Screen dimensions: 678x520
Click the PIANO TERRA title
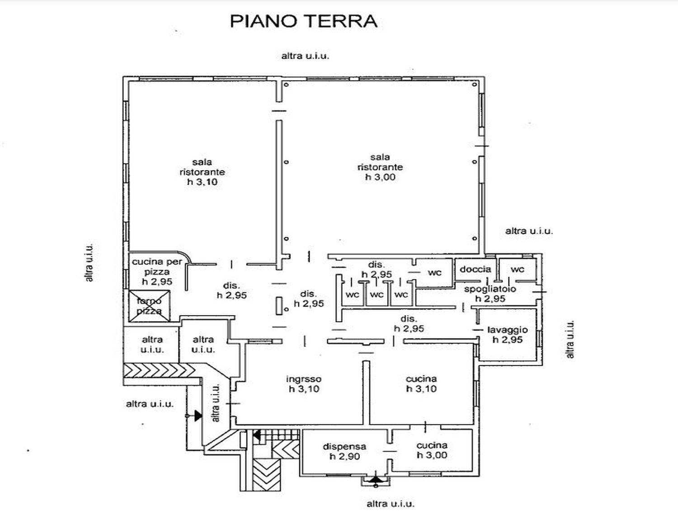tap(304, 21)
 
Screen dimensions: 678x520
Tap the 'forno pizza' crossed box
tap(150, 306)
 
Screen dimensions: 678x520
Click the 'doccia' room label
tap(475, 269)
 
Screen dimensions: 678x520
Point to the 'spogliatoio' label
tap(490, 289)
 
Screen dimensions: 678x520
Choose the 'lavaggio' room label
tap(508, 330)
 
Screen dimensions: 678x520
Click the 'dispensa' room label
tap(344, 447)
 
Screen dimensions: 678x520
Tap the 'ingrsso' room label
tap(304, 379)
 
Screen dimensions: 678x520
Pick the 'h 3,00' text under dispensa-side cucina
tap(432, 455)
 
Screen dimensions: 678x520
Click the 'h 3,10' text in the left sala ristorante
tap(202, 182)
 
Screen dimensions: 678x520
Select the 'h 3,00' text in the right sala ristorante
tap(380, 177)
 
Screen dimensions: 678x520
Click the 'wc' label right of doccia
tap(518, 269)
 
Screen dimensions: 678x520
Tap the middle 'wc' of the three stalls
tap(377, 294)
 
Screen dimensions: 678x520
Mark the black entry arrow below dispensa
tap(376, 479)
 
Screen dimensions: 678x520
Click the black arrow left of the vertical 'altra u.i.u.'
tap(198, 416)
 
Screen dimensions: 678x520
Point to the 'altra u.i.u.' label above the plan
tap(305, 56)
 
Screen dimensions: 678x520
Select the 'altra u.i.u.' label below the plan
tap(391, 504)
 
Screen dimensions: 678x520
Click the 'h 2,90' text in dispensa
tap(344, 456)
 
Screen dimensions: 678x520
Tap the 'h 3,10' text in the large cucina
tap(421, 388)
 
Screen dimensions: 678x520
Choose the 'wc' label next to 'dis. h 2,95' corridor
tap(435, 273)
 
